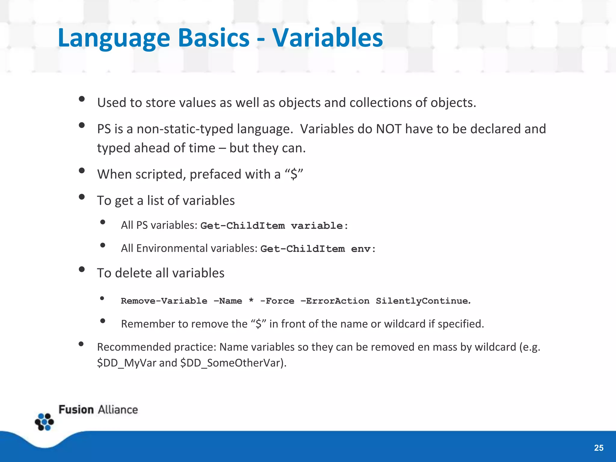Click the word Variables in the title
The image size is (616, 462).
pos(327,38)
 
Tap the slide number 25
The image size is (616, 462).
pos(599,448)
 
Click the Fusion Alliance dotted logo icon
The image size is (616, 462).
pos(44,422)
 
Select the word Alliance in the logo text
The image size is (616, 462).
pos(118,410)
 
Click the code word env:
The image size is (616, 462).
pos(363,249)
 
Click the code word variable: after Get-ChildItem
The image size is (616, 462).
pos(319,226)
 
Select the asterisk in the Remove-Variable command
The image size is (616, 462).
pos(251,300)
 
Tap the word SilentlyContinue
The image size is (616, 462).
pos(423,301)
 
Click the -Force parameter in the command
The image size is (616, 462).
pos(277,301)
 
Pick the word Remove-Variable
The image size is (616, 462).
pos(164,301)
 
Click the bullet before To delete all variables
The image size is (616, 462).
pos(82,269)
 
